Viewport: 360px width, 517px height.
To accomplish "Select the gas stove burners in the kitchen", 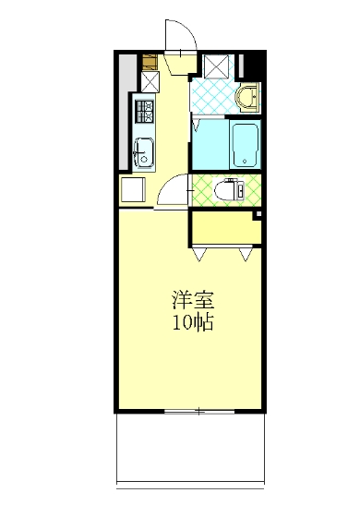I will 146,114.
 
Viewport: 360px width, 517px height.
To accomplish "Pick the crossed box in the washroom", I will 219,67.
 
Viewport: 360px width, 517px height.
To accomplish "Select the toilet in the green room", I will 227,191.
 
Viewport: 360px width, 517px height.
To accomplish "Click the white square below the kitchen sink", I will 133,190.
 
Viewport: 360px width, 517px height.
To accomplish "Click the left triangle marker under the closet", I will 201,252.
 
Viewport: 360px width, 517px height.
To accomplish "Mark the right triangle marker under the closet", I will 246,252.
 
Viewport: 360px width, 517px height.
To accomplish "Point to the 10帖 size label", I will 192,323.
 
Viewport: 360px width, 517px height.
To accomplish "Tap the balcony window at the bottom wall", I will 198,409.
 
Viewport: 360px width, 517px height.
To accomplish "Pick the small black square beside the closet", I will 258,215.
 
